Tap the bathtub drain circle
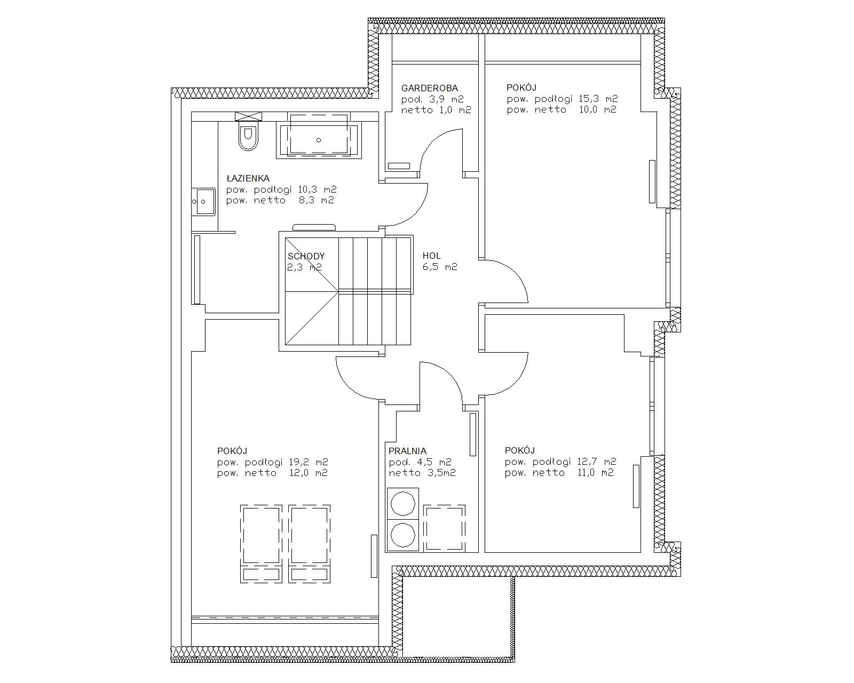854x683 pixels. point(319,140)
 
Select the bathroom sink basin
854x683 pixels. point(203,202)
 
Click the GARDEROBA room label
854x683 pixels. point(429,88)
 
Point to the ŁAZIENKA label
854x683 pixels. point(248,178)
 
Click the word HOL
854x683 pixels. point(432,256)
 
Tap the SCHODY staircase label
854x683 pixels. point(306,256)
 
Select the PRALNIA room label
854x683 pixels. point(408,451)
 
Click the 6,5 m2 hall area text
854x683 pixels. point(440,267)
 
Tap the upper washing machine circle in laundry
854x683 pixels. point(403,503)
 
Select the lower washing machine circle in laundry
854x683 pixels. point(403,535)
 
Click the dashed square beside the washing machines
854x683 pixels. point(445,529)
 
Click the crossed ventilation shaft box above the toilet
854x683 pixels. point(248,116)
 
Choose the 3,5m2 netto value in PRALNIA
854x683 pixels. point(439,473)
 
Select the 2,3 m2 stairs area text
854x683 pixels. point(304,267)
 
